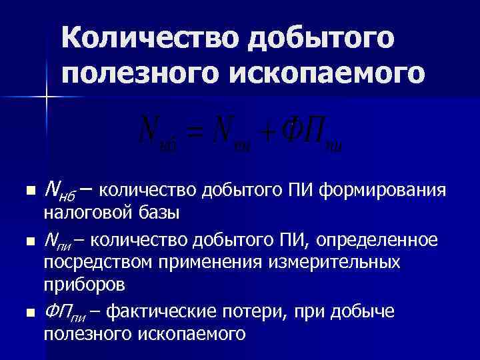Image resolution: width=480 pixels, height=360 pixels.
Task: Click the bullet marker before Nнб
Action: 27,192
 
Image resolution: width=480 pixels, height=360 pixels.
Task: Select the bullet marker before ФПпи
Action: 27,311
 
